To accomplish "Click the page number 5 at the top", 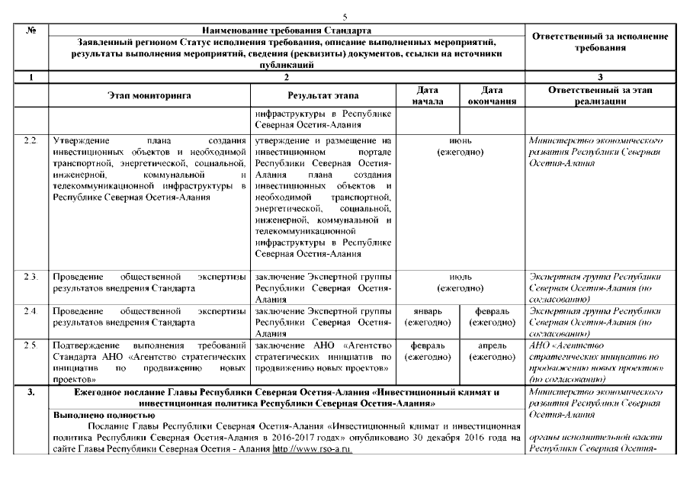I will point(345,16).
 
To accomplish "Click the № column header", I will point(30,29).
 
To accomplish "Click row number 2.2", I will point(30,142).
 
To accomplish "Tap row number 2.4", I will point(30,312).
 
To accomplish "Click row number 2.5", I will point(30,345).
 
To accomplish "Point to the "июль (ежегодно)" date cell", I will point(460,282).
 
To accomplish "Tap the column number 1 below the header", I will point(30,77).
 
